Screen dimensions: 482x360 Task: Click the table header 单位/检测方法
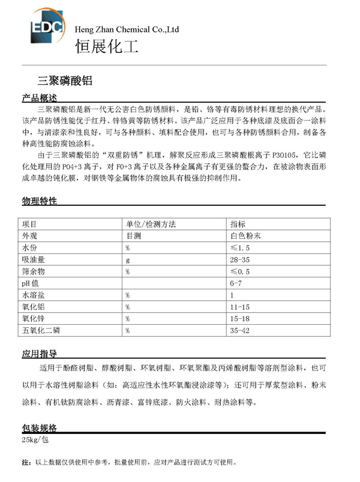pyautogui.click(x=150, y=224)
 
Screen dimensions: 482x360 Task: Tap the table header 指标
pyautogui.click(x=238, y=224)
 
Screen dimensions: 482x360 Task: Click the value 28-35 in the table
pyautogui.click(x=239, y=260)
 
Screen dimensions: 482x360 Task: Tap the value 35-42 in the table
pyautogui.click(x=239, y=330)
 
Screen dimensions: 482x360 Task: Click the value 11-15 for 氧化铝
pyautogui.click(x=239, y=307)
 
